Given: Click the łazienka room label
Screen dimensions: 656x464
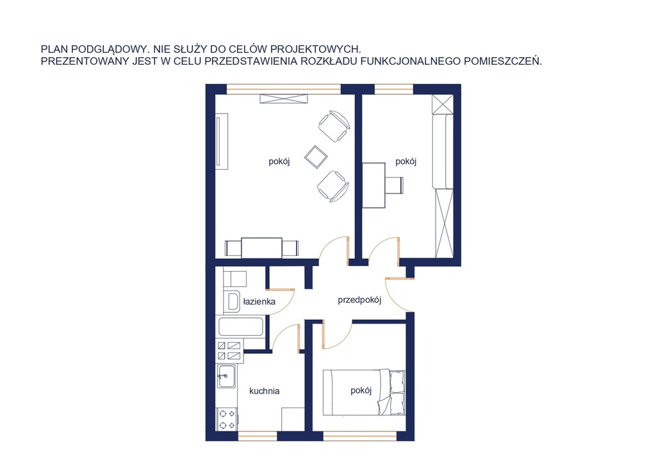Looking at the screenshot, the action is (x=259, y=301).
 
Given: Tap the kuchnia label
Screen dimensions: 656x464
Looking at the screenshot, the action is (x=264, y=391).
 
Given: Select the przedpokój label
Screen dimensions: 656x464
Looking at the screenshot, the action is (x=359, y=300).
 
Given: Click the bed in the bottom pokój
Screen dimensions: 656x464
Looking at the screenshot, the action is (x=364, y=392).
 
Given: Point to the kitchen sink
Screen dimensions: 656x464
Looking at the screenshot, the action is (x=226, y=376).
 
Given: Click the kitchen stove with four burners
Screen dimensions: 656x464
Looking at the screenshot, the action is (x=227, y=419).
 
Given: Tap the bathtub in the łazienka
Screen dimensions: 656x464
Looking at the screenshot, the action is (x=241, y=326).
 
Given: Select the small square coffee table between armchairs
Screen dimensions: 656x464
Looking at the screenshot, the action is (x=316, y=156).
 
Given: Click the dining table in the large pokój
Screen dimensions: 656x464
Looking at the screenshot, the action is (x=261, y=247).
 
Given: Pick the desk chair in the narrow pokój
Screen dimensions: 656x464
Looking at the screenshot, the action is (x=394, y=185).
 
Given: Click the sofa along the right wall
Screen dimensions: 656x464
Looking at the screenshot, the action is (x=443, y=151).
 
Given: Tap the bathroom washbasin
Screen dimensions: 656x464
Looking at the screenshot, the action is (x=231, y=301).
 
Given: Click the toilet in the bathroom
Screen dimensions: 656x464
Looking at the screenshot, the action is (x=234, y=278).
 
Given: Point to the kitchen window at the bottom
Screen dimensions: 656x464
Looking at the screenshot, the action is (x=258, y=436).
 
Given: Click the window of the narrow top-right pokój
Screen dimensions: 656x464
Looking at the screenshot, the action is (x=393, y=88).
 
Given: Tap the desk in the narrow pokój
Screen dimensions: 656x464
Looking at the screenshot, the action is (x=373, y=185).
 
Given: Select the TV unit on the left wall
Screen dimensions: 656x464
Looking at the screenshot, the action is (x=222, y=142).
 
